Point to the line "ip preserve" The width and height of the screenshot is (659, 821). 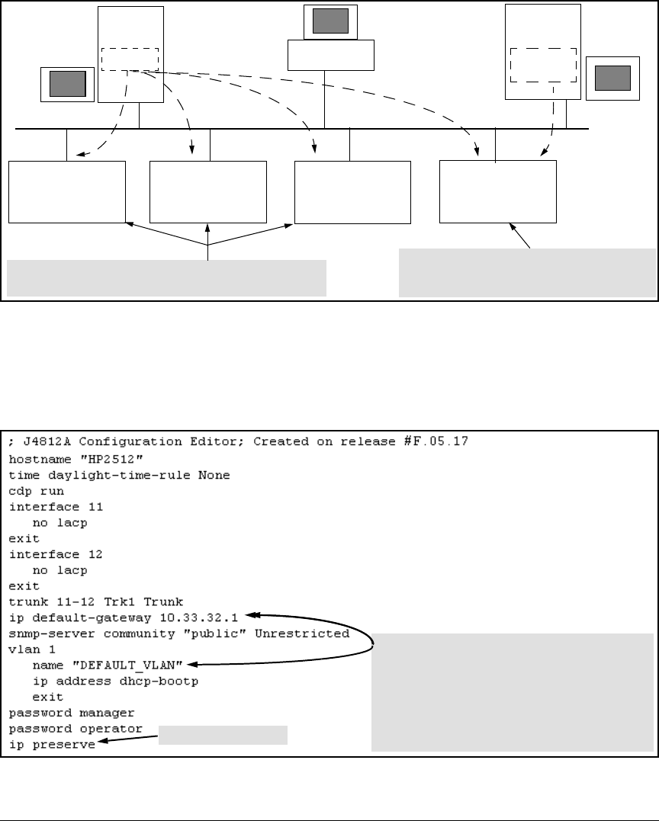pyautogui.click(x=52, y=745)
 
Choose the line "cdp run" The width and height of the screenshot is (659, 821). pyautogui.click(x=37, y=492)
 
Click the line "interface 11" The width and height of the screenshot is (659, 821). pyautogui.click(x=56, y=507)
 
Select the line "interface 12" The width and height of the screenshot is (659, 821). pyautogui.click(x=56, y=554)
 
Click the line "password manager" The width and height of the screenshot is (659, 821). pyautogui.click(x=72, y=713)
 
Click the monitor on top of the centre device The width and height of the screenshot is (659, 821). pyautogui.click(x=330, y=21)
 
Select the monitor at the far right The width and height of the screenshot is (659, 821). pyautogui.click(x=612, y=77)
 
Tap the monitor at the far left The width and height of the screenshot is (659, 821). pyautogui.click(x=67, y=83)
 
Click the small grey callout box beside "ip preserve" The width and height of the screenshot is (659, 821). pyautogui.click(x=223, y=735)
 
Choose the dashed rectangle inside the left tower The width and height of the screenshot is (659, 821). pyautogui.click(x=130, y=59)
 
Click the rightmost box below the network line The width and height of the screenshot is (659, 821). pyautogui.click(x=498, y=191)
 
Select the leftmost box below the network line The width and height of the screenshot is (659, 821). pyautogui.click(x=67, y=191)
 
